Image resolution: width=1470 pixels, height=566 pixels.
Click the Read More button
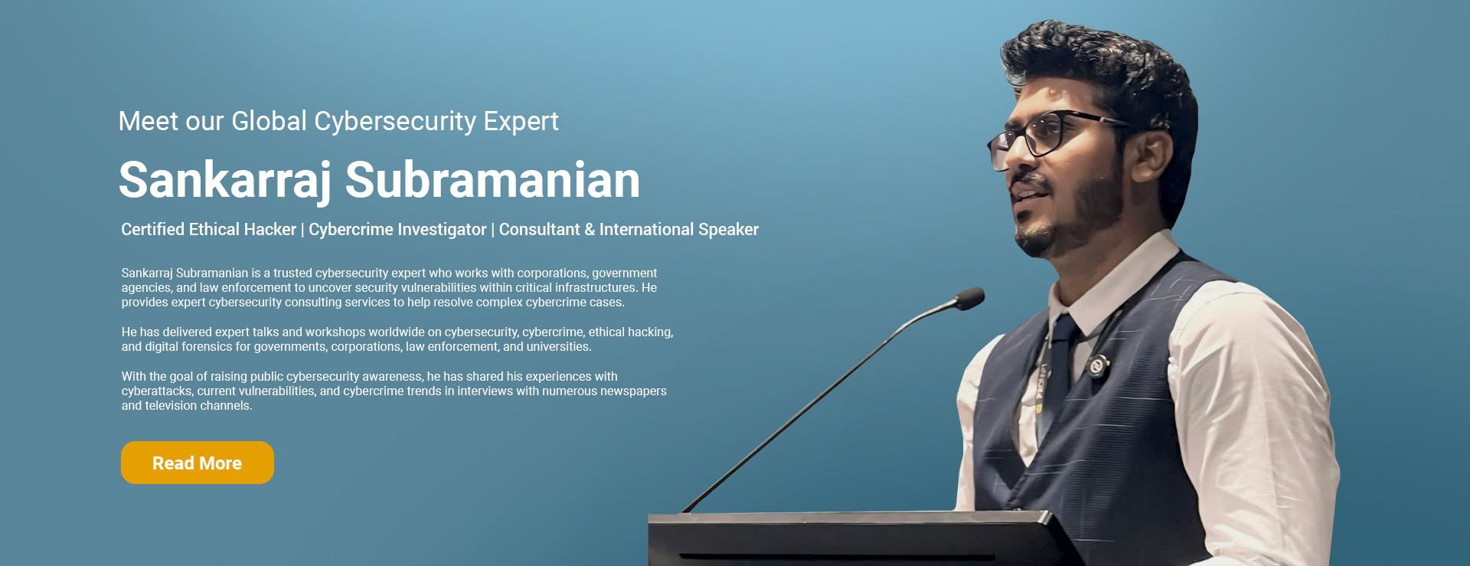pyautogui.click(x=198, y=463)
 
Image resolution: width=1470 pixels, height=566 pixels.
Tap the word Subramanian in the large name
pyautogui.click(x=492, y=181)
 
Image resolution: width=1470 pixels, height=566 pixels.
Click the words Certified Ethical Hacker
pyautogui.click(x=208, y=229)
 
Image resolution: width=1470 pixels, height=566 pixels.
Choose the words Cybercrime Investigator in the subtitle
pyautogui.click(x=397, y=230)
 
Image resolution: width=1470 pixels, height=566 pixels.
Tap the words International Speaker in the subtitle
pyautogui.click(x=679, y=230)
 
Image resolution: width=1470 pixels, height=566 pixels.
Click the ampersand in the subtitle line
pyautogui.click(x=590, y=230)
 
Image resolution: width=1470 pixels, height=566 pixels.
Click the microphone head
pyautogui.click(x=970, y=298)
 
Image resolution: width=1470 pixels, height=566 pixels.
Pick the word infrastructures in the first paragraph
pyautogui.click(x=600, y=288)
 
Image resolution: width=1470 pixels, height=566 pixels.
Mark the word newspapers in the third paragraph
pyautogui.click(x=633, y=391)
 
